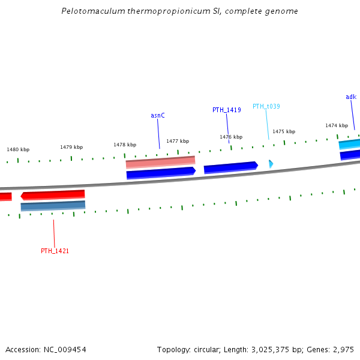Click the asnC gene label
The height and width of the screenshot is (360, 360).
click(x=157, y=115)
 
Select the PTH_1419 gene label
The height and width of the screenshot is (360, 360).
click(x=227, y=110)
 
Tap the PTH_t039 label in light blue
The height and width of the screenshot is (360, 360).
click(x=266, y=106)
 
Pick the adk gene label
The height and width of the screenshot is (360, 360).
click(x=351, y=97)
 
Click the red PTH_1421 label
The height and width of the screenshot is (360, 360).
click(x=55, y=251)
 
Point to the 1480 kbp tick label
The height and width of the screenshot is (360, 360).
click(x=18, y=149)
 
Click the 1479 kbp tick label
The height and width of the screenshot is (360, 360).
click(x=71, y=147)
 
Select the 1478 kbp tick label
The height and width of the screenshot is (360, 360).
click(x=125, y=145)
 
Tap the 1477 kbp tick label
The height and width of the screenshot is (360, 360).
click(x=178, y=141)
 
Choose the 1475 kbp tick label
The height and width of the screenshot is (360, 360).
click(x=284, y=131)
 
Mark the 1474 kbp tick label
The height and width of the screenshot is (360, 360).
click(x=337, y=125)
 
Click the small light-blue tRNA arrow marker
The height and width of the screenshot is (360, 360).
click(x=271, y=163)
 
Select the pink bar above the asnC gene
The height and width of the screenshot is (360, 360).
click(x=160, y=161)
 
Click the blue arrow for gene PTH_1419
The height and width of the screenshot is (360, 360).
click(x=230, y=167)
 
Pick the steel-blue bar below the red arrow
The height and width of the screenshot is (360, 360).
click(x=53, y=206)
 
